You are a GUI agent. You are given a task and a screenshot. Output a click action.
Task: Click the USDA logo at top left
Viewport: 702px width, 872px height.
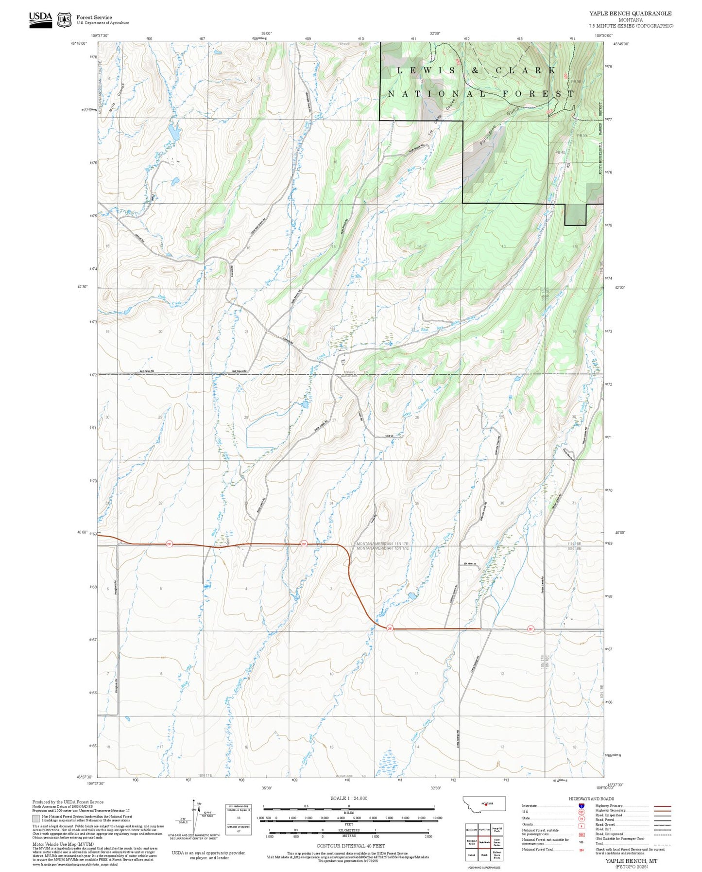[x=40, y=19]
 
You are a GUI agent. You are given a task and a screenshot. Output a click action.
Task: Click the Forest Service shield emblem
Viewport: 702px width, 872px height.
[x=64, y=19]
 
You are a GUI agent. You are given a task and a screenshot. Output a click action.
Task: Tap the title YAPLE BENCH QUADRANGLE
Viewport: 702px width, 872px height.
[x=631, y=14]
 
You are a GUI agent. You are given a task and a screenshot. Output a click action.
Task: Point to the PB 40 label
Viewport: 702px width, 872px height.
[x=560, y=153]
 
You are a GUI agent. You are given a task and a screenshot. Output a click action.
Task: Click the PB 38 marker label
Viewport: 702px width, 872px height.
[x=576, y=82]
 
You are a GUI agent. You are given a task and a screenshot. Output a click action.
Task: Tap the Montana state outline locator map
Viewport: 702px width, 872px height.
[x=484, y=803]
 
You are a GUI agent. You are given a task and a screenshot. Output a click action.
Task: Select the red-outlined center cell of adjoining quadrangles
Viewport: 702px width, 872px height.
[x=484, y=842]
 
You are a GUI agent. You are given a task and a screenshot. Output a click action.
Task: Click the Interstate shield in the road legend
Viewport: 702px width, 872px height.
[x=581, y=806]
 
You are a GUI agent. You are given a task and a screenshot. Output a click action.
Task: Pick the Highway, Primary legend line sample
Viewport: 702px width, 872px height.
[x=662, y=806]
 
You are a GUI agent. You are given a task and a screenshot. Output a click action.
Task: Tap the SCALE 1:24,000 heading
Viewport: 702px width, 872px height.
[x=348, y=798]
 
